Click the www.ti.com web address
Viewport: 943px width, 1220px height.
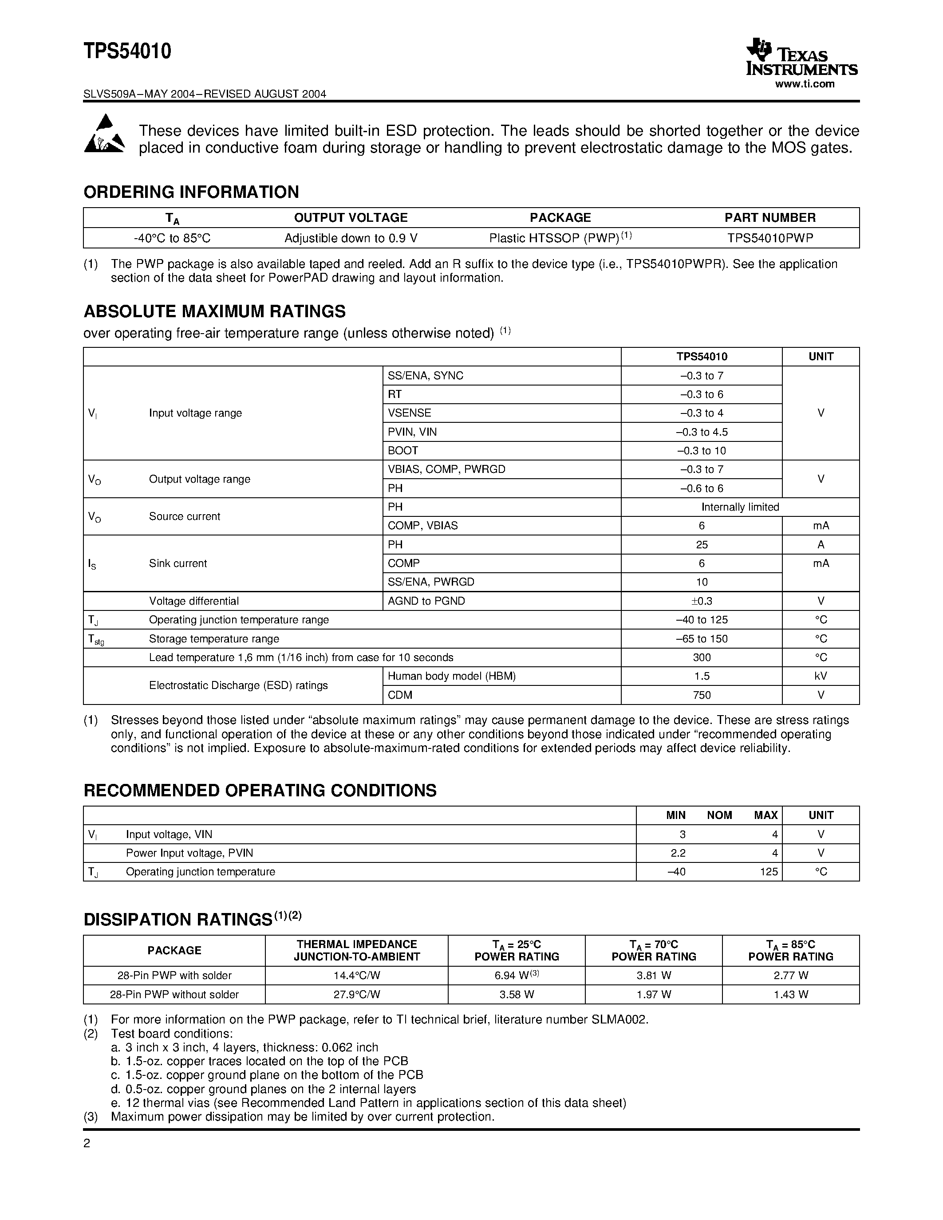point(805,84)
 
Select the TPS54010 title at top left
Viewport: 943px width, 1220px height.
point(127,51)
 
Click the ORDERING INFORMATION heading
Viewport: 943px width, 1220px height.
point(191,192)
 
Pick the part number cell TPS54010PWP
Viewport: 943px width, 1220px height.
point(770,238)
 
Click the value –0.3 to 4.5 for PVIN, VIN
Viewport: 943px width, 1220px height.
point(702,432)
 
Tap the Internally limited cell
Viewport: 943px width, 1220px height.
point(740,507)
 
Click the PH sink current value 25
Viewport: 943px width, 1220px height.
point(702,544)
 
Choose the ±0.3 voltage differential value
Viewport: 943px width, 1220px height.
point(702,601)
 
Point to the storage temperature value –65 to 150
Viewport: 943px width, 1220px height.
point(702,638)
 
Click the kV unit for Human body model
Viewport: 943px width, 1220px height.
point(820,676)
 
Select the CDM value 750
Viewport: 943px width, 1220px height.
point(702,695)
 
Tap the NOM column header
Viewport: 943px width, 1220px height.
point(719,815)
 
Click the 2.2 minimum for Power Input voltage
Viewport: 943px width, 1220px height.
point(678,853)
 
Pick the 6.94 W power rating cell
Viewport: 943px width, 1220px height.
point(516,975)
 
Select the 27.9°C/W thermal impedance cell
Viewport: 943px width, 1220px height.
point(356,994)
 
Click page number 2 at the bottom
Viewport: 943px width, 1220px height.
point(87,1143)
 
